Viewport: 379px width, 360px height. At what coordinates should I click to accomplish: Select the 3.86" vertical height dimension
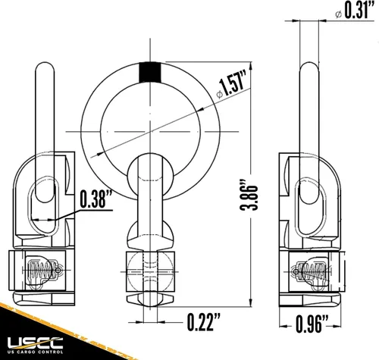[x=249, y=195]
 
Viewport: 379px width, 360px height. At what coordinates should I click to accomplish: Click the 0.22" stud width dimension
[x=204, y=322]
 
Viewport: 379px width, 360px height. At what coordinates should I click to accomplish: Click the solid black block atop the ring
[x=150, y=72]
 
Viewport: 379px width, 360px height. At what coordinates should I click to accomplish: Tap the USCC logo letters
[x=35, y=343]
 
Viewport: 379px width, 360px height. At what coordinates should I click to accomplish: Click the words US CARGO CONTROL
[x=35, y=352]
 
